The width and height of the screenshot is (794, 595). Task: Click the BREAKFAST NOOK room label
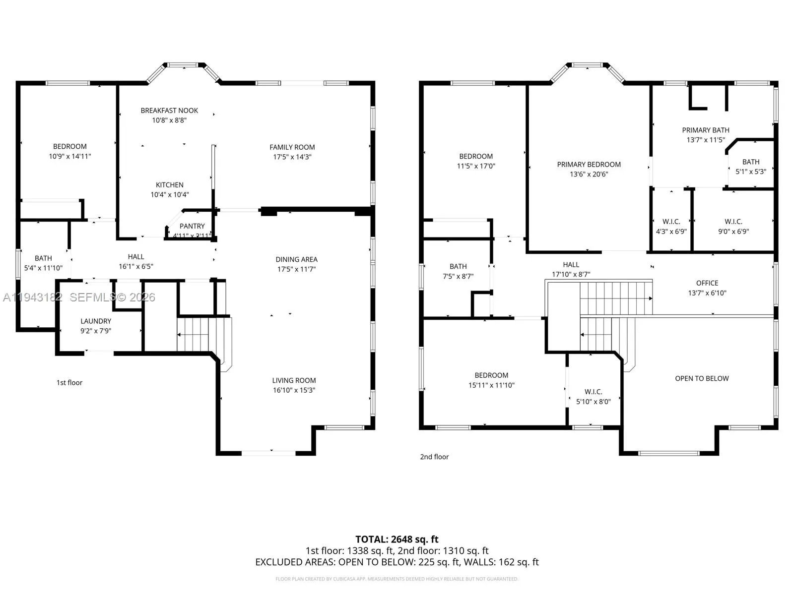[x=169, y=111]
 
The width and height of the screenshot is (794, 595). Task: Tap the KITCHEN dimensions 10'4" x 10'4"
[x=170, y=195]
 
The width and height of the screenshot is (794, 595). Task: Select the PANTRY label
[x=192, y=226]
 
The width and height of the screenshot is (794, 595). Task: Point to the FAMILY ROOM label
[x=292, y=147]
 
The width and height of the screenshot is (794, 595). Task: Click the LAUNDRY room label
[x=96, y=321]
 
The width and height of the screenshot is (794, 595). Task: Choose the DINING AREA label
[x=296, y=259]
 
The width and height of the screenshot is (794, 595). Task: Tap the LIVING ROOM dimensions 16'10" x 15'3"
[x=294, y=390]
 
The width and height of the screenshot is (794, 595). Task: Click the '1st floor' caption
[x=69, y=383]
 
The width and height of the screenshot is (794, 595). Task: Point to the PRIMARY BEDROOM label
[x=589, y=165]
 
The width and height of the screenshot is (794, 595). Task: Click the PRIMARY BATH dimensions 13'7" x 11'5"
[x=706, y=140]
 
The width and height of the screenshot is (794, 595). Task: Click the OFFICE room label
[x=707, y=283]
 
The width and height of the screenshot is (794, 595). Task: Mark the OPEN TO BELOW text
[x=702, y=379]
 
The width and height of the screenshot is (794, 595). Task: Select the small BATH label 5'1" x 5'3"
[x=750, y=162]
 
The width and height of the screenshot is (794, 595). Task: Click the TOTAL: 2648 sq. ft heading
[x=397, y=539]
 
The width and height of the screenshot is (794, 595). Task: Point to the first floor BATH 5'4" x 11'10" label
[x=43, y=258]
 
